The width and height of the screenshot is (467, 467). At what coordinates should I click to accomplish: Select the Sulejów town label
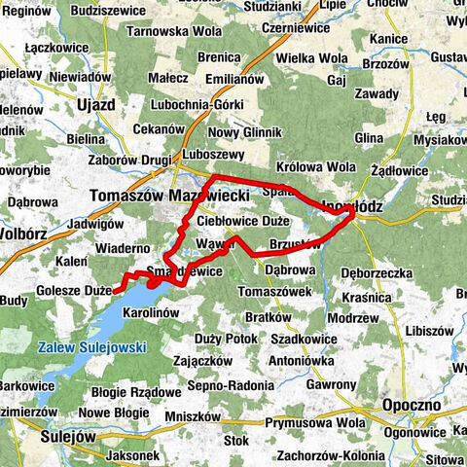click(69, 437)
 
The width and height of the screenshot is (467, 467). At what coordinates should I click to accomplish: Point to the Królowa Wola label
click(315, 166)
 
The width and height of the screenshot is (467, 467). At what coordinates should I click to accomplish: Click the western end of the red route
click(116, 291)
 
